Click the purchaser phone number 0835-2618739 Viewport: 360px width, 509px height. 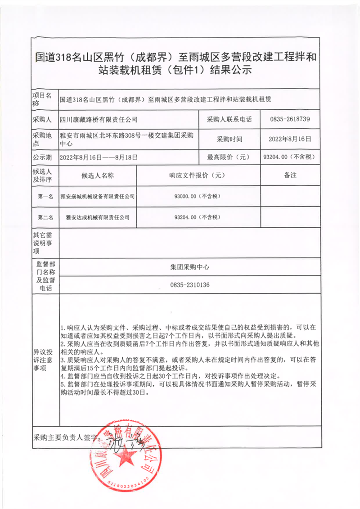290,120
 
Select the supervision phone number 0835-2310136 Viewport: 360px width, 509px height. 190,285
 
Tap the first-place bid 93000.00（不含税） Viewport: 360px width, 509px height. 198,196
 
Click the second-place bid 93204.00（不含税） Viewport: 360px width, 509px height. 198,217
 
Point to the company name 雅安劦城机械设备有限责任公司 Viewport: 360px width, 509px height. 98,196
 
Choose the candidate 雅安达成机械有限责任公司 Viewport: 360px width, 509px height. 98,217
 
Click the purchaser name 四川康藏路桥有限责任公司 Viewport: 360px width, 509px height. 99,120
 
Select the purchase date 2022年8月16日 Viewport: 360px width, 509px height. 290,139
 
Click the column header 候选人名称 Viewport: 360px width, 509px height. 98,176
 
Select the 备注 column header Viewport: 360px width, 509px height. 290,176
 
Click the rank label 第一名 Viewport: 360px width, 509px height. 45,196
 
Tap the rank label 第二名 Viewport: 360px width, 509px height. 45,217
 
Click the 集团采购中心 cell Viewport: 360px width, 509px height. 190,266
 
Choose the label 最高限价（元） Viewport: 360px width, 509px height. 228,158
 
